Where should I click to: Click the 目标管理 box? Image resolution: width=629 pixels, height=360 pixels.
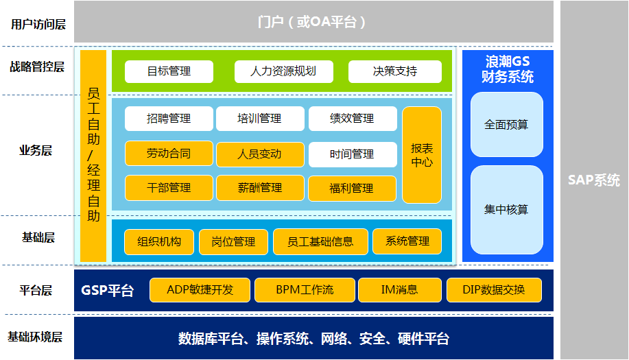click(169, 71)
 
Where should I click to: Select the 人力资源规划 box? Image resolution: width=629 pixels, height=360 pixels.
click(283, 71)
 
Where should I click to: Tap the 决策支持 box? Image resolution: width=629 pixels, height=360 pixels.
click(394, 71)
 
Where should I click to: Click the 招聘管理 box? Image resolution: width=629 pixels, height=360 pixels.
click(169, 119)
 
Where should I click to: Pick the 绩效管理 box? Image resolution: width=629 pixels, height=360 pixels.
click(353, 119)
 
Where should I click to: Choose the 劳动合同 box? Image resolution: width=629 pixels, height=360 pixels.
click(169, 154)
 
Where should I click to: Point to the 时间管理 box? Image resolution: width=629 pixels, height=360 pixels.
click(353, 154)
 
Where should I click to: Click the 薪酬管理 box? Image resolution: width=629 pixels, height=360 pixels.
click(260, 188)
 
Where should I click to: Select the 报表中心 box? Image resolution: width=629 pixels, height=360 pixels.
click(421, 155)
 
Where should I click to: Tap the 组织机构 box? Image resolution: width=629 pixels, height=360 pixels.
click(159, 241)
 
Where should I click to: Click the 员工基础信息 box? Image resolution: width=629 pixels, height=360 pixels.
click(320, 241)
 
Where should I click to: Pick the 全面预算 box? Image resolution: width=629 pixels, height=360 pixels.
click(506, 125)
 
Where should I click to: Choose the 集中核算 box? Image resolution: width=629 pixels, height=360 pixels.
click(506, 209)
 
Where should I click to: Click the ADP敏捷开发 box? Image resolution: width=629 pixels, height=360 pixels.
click(200, 290)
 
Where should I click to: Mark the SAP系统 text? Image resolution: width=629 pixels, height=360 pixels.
click(594, 180)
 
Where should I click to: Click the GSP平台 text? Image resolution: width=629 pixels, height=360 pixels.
click(108, 290)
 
